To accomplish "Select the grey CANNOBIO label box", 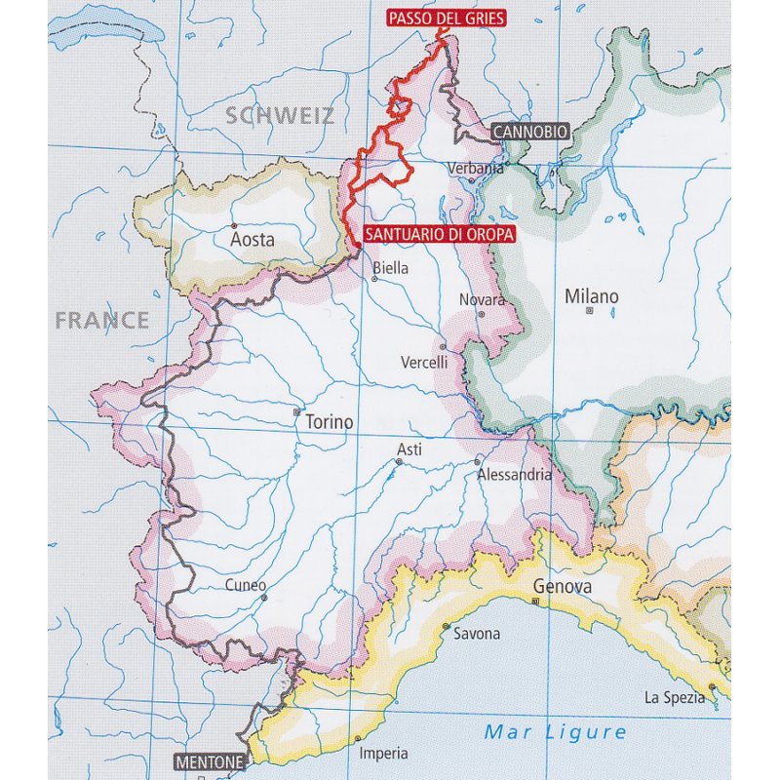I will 527,132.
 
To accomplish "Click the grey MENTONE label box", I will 208,761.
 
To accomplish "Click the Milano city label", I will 591,295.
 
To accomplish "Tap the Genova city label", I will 563,587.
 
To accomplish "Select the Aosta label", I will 252,239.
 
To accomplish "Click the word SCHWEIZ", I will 280,116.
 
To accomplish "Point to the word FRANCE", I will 102,320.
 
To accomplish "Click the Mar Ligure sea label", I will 556,731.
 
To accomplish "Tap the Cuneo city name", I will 245,586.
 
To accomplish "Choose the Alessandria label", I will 515,475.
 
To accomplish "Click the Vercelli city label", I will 424,362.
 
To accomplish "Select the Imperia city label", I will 383,754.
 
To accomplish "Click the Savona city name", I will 477,634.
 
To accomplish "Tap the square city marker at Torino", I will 297,411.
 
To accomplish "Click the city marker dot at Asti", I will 399,461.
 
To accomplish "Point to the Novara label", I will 483,300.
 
